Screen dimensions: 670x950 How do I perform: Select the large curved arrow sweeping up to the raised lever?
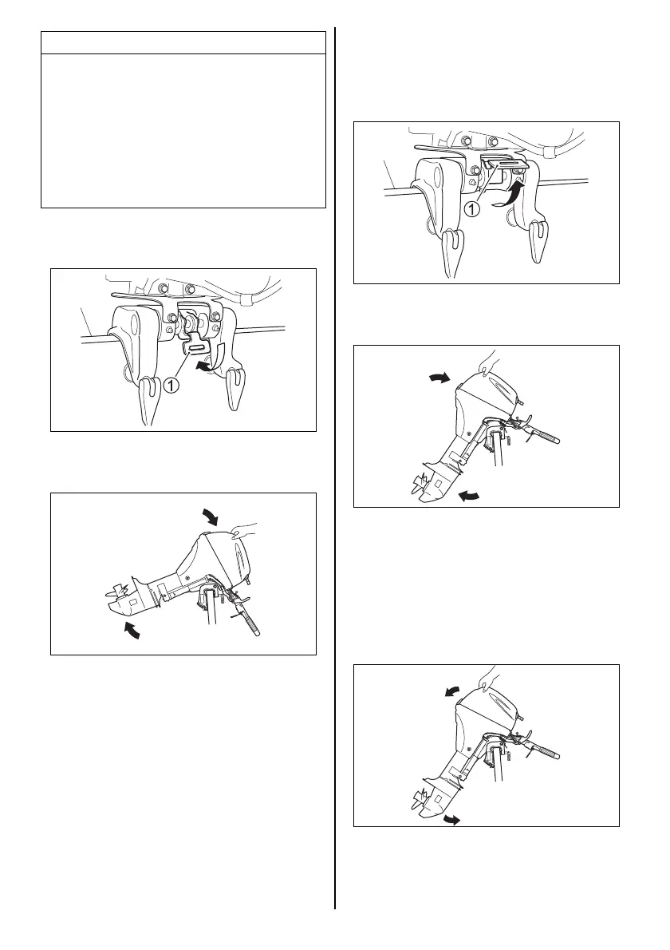tap(510, 196)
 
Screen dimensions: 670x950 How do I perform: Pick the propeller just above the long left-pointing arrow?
tap(420, 482)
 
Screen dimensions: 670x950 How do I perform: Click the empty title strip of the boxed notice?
tap(183, 42)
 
